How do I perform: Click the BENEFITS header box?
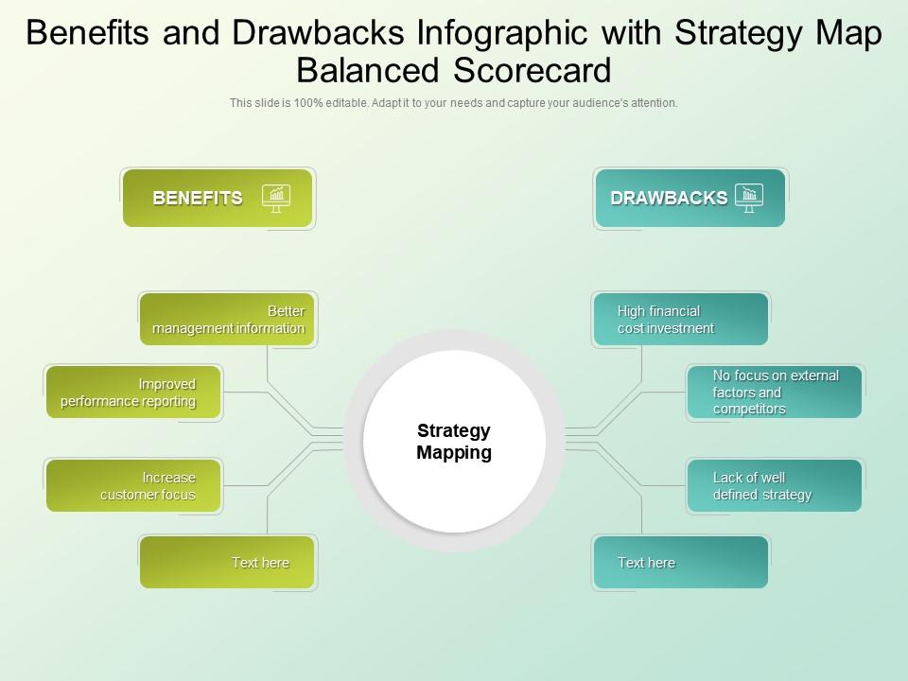[217, 198]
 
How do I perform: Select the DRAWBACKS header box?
[690, 198]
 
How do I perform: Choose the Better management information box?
[227, 320]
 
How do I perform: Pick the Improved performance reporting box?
[133, 393]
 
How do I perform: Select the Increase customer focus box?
[133, 486]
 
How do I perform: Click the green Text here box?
[227, 563]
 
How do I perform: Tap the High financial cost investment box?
[680, 320]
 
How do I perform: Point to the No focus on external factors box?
[774, 393]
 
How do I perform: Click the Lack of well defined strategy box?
[774, 486]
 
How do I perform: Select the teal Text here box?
[680, 563]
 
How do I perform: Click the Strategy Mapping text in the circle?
[454, 442]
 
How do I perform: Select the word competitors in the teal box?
[749, 410]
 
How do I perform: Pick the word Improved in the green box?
[167, 384]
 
